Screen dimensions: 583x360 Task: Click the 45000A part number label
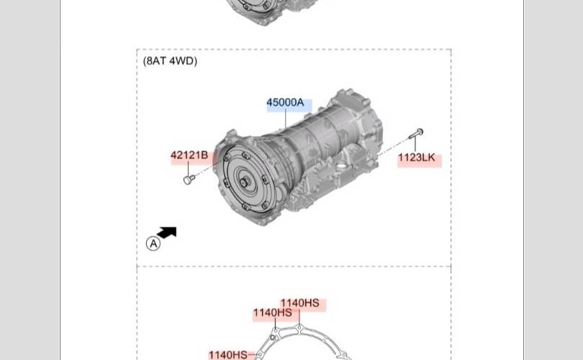click(285, 102)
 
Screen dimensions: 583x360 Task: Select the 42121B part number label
click(189, 155)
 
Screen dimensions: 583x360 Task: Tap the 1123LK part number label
click(417, 157)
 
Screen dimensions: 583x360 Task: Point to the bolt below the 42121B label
click(189, 179)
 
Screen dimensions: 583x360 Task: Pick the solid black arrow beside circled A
click(167, 232)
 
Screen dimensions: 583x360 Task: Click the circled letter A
click(153, 243)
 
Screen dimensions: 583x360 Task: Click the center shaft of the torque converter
click(243, 182)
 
